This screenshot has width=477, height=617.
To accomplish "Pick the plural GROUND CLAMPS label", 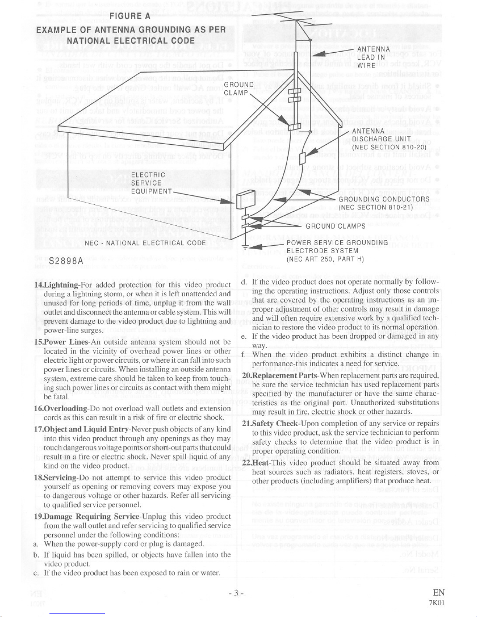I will tap(335, 226).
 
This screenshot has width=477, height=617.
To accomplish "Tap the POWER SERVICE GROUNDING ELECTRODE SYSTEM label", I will tap(337, 251).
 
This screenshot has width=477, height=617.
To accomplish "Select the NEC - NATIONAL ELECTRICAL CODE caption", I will tap(145, 243).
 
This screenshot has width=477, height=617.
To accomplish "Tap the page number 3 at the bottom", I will tap(236, 593).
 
